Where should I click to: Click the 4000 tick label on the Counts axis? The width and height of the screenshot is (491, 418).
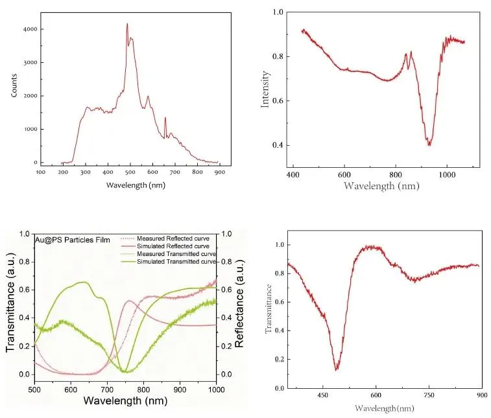(x=30, y=29)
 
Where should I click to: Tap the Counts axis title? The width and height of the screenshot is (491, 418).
(x=14, y=86)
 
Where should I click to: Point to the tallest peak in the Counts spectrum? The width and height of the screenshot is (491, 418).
(x=127, y=24)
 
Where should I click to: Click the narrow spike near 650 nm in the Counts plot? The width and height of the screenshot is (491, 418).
(x=165, y=118)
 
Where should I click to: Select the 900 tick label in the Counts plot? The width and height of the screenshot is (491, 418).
(x=220, y=172)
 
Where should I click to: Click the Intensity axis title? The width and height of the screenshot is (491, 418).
(x=265, y=89)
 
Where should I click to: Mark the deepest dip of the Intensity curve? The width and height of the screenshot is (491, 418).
(x=429, y=145)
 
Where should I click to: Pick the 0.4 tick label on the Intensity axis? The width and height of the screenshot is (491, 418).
(x=278, y=145)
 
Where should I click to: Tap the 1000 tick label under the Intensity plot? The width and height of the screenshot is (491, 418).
(x=447, y=174)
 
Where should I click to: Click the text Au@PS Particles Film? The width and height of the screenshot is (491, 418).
(x=73, y=240)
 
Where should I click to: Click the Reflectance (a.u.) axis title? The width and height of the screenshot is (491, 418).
(x=239, y=304)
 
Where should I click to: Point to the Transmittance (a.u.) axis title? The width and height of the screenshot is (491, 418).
(x=10, y=303)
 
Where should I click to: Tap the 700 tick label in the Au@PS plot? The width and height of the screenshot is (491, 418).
(x=108, y=390)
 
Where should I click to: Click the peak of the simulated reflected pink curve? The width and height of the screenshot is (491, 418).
(x=129, y=301)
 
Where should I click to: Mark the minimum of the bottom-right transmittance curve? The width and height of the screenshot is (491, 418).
(x=337, y=370)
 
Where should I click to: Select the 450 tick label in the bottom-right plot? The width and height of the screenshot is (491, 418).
(x=322, y=395)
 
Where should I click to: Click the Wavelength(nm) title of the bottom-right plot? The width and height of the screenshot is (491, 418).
(x=385, y=408)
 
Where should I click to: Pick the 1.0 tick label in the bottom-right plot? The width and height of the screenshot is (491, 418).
(x=280, y=245)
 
